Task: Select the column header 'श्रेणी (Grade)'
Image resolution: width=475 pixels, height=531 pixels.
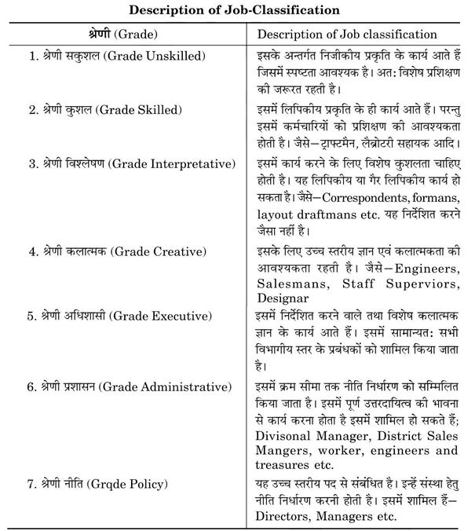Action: point(126,35)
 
